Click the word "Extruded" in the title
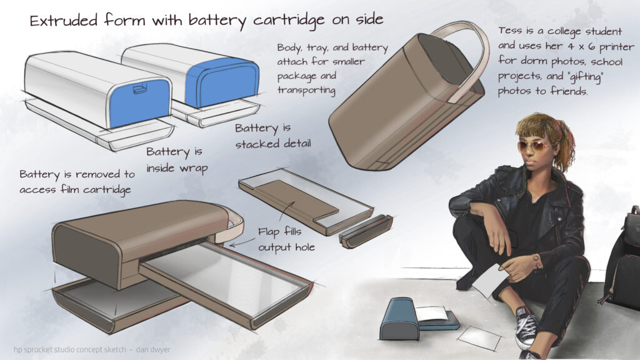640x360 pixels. (64, 21)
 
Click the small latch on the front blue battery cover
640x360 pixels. (139, 89)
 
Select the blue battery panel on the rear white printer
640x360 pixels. (222, 82)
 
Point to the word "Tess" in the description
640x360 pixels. (510, 31)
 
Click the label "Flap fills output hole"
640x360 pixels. (286, 239)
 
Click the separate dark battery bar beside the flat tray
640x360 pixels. (366, 231)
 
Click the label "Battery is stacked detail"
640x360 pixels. (272, 136)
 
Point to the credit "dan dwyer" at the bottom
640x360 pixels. (153, 349)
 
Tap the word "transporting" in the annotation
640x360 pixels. (306, 90)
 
